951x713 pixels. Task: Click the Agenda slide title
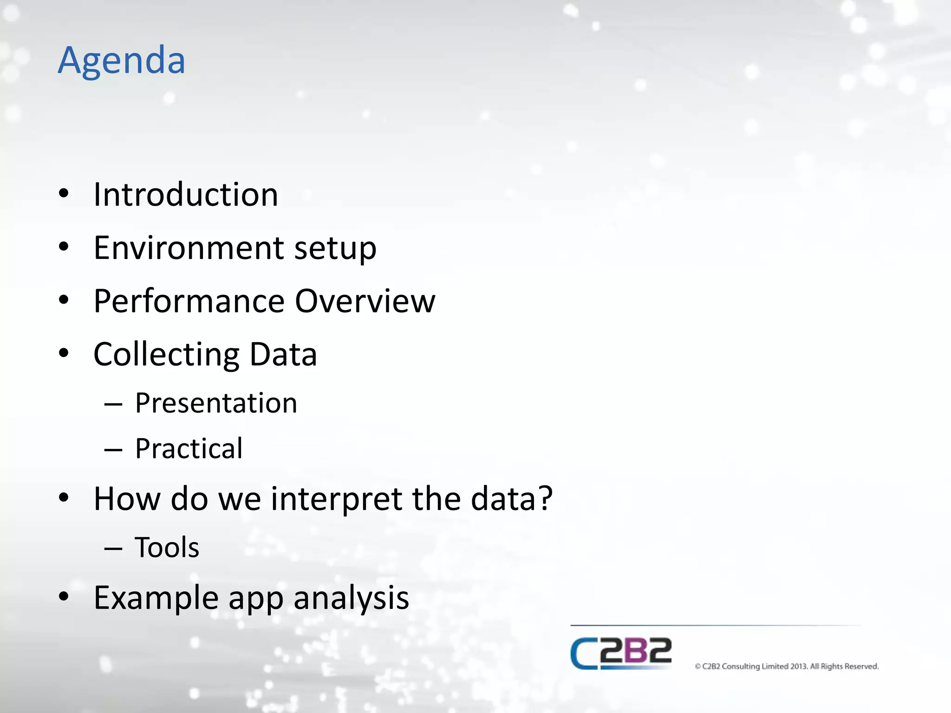coord(122,61)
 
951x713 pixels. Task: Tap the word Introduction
coord(186,194)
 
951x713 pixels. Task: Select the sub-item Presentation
coord(216,403)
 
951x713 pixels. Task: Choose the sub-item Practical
coord(189,449)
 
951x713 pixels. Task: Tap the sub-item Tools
coord(167,547)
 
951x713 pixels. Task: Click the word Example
coord(156,598)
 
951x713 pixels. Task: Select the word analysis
coord(351,598)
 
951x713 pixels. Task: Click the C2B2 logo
coord(621,653)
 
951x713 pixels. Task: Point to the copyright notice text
coord(787,666)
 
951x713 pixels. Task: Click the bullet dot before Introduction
coord(64,194)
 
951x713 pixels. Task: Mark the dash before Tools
coord(113,549)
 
